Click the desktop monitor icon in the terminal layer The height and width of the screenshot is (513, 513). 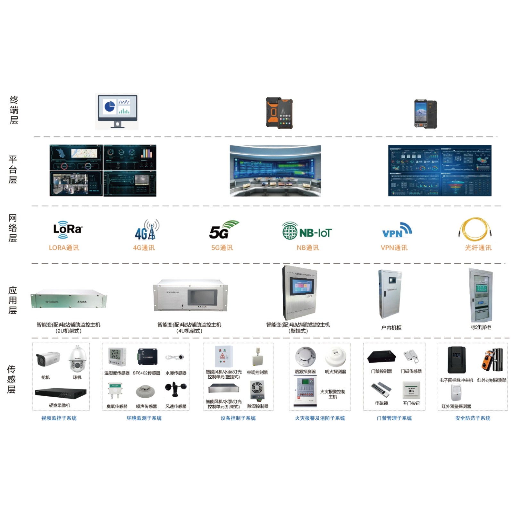coord(117,111)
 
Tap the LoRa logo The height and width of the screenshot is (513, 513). coord(68,229)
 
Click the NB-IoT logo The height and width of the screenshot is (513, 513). coord(307,231)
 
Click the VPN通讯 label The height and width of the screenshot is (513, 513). coord(394,248)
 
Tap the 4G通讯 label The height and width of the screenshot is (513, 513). coord(144,248)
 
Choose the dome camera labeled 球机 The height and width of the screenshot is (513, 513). coord(77,359)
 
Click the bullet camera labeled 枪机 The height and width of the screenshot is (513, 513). coord(48,359)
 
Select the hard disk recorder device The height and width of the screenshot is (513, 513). coord(61,393)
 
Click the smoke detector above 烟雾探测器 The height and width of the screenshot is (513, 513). coord(305,356)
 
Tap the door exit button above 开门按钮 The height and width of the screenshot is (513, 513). coord(411,390)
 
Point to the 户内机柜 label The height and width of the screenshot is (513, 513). coord(391,328)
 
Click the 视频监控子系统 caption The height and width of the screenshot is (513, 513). coord(59,418)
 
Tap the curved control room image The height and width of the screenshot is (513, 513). coord(275,171)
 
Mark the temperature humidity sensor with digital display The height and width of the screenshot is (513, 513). coord(117,357)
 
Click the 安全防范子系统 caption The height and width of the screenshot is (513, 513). coord(473,418)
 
